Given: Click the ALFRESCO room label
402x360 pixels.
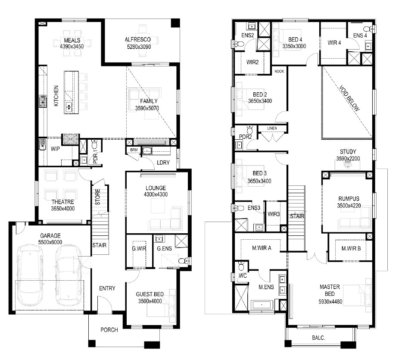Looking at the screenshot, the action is pos(138,40).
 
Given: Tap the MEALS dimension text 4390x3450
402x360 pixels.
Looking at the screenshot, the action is pos(72,47).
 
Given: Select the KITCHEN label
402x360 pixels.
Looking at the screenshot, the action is pos(56,96).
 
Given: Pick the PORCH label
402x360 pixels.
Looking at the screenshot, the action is pos(109,330).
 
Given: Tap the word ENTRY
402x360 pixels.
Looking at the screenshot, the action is pos(107,288).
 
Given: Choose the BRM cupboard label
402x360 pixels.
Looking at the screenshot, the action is pos(134,150).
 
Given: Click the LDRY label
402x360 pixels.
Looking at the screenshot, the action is pos(163,163).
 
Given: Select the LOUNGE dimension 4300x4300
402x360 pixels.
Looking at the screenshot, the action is pos(156,194).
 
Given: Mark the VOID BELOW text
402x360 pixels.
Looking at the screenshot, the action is pos(349,98).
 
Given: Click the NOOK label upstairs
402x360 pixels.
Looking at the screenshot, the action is pos(279,71).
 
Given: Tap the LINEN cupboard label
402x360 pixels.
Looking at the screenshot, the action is pos(272,128).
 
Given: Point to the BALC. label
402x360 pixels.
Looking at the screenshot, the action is pos(318,338).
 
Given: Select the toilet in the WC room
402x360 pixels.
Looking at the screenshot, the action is pos(241,266).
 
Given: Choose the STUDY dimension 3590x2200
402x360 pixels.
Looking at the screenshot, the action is pos(348,159).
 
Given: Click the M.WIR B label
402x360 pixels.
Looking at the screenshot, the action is pos(351,248).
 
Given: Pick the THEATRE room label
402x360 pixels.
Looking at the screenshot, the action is pos(63,202).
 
